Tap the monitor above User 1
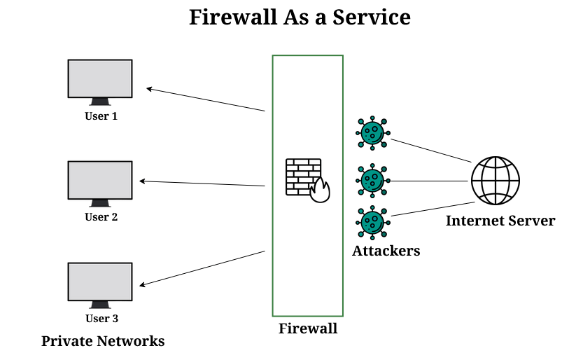pyautogui.click(x=100, y=78)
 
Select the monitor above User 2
pyautogui.click(x=100, y=180)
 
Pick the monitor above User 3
pyautogui.click(x=100, y=282)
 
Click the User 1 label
pyautogui.click(x=101, y=116)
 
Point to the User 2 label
pyautogui.click(x=101, y=217)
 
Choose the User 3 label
pyautogui.click(x=101, y=319)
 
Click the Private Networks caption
pyautogui.click(x=103, y=341)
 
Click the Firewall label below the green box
pyautogui.click(x=308, y=328)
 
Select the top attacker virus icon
pyautogui.click(x=372, y=132)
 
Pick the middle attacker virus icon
pyautogui.click(x=372, y=180)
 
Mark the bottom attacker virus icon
pyautogui.click(x=372, y=223)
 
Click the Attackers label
pyautogui.click(x=386, y=250)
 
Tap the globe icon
pyautogui.click(x=496, y=180)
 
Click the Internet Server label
pyautogui.click(x=500, y=221)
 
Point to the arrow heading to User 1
pyautogui.click(x=206, y=99)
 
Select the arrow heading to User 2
pyautogui.click(x=202, y=184)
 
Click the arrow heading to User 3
pyautogui.click(x=203, y=268)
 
